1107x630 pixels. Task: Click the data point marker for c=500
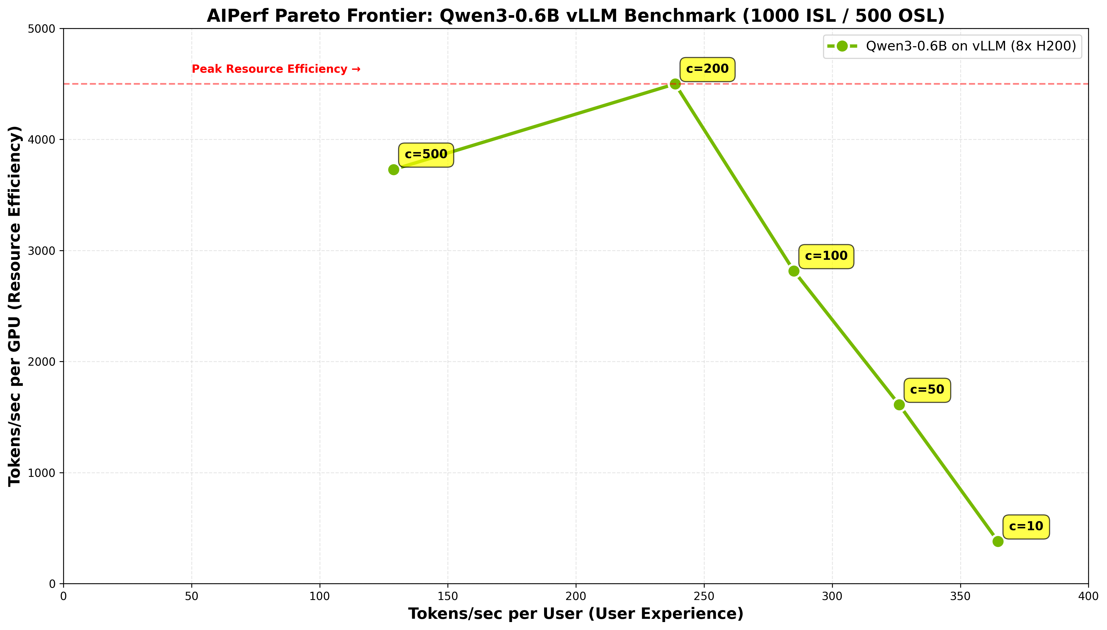(393, 170)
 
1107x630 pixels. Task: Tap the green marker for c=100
(794, 271)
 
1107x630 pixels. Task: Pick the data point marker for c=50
(899, 405)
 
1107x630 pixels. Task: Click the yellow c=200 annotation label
(707, 69)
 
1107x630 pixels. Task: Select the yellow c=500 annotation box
(426, 154)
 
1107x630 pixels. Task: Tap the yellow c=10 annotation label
(1026, 527)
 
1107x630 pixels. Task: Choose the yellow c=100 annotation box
(826, 256)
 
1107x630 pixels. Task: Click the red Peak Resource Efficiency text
(276, 69)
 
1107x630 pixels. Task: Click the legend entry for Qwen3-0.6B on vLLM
(952, 46)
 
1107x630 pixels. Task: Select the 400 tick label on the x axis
(1088, 597)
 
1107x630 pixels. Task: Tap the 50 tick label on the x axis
(191, 597)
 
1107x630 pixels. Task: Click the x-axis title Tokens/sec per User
(576, 614)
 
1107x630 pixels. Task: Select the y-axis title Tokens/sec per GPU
(15, 306)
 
